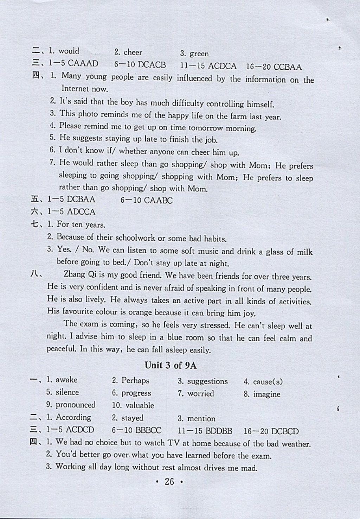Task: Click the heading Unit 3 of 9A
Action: pos(171,365)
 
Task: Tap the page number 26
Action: pos(169,482)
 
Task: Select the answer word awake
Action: pos(66,380)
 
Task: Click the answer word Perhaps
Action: pos(135,380)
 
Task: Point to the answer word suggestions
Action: pos(207,381)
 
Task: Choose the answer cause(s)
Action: pos(268,382)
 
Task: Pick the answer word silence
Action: pos(67,392)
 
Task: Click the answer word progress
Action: pos(136,393)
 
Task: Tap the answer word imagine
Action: pos(267,394)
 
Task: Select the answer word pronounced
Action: pos(76,405)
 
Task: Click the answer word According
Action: pos(73,417)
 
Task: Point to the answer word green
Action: pos(199,54)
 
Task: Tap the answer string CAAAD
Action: pos(83,64)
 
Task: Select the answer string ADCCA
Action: pos(81,212)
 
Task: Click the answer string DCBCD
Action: pos(285,431)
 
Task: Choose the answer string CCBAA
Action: pos(288,67)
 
